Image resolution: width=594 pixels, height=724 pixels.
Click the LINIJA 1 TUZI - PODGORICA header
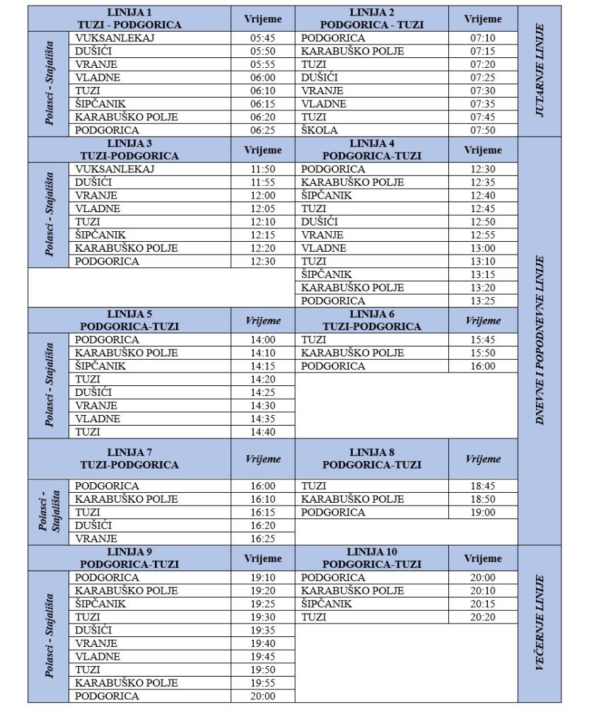click(129, 19)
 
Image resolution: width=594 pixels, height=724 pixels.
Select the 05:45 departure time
click(262, 38)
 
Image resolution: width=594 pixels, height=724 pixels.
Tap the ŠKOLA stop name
click(320, 130)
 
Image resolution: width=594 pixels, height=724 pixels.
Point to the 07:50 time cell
click(483, 130)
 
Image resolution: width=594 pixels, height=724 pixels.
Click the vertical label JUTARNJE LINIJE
click(540, 71)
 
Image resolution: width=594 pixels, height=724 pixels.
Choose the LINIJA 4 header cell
click(371, 150)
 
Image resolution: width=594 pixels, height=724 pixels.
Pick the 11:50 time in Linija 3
click(262, 170)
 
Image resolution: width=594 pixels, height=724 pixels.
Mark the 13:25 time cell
click(483, 301)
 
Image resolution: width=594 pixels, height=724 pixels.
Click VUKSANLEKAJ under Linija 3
click(115, 170)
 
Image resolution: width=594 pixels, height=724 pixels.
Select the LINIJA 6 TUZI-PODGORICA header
click(371, 320)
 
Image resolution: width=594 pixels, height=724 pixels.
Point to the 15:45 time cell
click(483, 340)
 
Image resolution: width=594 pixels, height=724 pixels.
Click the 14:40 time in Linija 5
click(262, 432)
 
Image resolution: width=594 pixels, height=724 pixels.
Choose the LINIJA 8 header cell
click(371, 459)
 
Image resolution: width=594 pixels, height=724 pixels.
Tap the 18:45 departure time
click(483, 486)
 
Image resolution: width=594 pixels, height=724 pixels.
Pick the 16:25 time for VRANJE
click(262, 539)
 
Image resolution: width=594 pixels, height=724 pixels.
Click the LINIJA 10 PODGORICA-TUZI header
click(371, 559)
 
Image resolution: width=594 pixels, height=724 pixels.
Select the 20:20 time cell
click(483, 617)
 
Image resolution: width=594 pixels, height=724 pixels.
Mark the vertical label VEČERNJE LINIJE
click(540, 624)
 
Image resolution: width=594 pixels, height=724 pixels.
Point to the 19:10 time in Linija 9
click(262, 578)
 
